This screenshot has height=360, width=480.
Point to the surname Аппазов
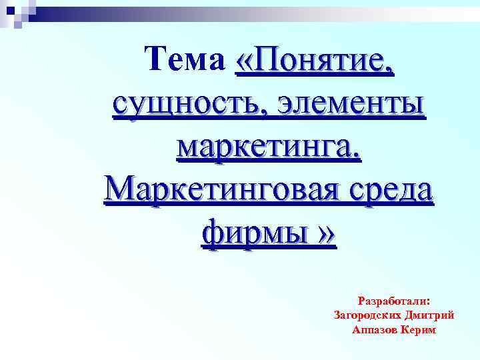click(x=375, y=329)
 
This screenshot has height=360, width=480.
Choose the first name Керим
click(x=420, y=329)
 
